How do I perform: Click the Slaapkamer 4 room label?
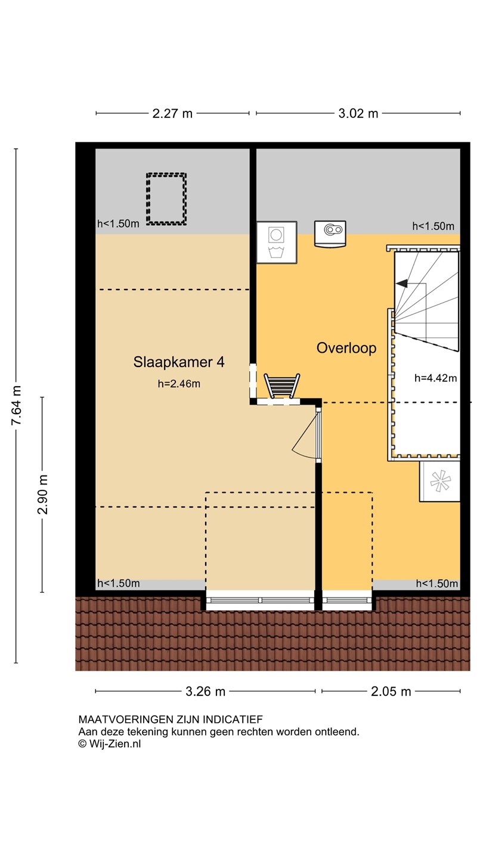pos(179,362)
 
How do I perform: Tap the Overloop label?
pos(346,348)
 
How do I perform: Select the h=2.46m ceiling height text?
pos(179,384)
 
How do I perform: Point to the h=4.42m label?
pos(435,378)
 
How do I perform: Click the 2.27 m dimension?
pos(172,113)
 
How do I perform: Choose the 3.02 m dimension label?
pos(358,113)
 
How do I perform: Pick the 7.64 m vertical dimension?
pos(16,405)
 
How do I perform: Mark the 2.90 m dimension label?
pos(42,494)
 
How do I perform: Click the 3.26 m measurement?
pos(206,691)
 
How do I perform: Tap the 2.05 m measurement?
pos(391,691)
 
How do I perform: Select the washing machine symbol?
pos(277,242)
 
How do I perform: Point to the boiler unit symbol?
pos(330,234)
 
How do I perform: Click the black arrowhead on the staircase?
pos(402,284)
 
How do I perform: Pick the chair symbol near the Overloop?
pos(281,386)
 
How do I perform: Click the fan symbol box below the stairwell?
pos(439,481)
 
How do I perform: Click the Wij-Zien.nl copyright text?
pos(110,744)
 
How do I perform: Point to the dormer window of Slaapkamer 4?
pos(260,600)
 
